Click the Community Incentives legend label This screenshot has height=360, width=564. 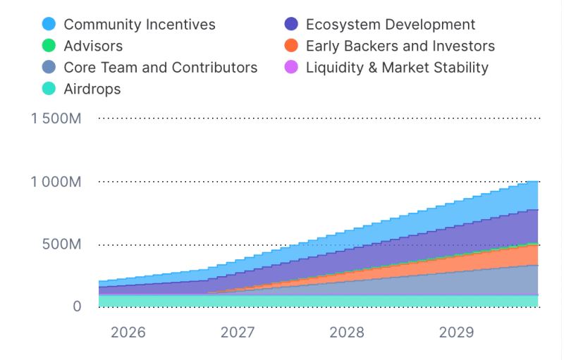[x=140, y=25]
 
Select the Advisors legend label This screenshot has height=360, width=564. [x=93, y=46]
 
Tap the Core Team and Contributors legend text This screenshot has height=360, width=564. [x=161, y=68]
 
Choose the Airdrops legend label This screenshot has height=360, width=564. [x=92, y=89]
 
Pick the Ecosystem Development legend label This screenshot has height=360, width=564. [x=391, y=25]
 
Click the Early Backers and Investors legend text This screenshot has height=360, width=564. [x=400, y=46]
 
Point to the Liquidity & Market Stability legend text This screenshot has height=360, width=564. [x=397, y=68]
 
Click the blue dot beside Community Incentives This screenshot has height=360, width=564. [x=49, y=25]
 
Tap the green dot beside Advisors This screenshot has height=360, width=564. [x=49, y=46]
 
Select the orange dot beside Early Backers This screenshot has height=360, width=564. [x=291, y=46]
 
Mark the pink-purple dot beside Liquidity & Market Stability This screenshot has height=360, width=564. [x=291, y=68]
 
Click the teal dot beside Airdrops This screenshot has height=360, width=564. [x=49, y=89]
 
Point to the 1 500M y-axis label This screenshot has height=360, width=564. [x=56, y=118]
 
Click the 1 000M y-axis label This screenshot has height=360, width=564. [x=56, y=182]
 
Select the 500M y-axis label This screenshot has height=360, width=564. [x=62, y=244]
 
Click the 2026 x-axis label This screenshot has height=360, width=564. [x=128, y=333]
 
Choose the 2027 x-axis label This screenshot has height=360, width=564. [x=238, y=333]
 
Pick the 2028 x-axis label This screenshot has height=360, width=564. [x=347, y=333]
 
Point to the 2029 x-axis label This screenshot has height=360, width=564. [x=456, y=333]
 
